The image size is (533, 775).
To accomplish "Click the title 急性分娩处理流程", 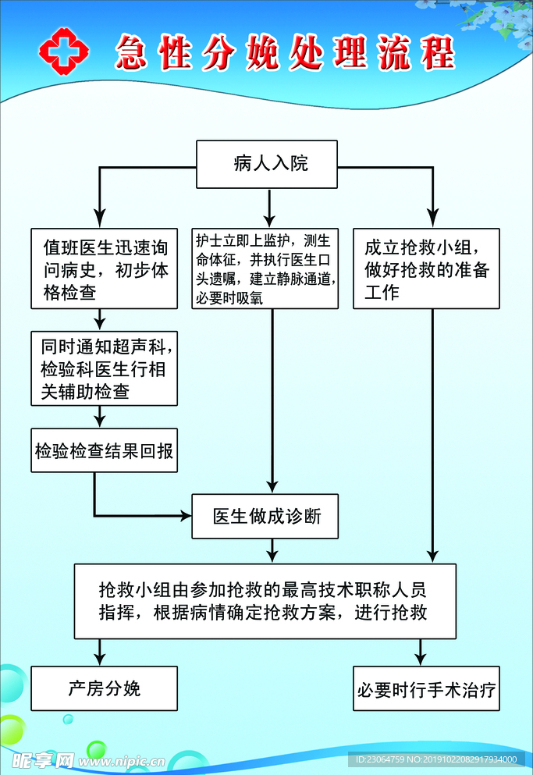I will (285, 52).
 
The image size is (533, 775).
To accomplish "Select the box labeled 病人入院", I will (266, 164).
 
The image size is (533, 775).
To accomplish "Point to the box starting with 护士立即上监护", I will (265, 268).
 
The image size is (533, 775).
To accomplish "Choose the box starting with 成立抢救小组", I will (426, 269).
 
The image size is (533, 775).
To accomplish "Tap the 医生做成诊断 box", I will (265, 516).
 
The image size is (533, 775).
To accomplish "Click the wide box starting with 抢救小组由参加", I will (265, 601).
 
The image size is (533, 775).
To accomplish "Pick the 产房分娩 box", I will (105, 688).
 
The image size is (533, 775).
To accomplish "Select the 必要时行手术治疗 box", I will (426, 689).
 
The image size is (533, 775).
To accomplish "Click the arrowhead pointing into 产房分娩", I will (100, 659).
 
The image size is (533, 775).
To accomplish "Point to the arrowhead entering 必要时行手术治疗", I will (420, 659).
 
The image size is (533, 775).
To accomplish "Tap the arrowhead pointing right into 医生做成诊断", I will (186, 515).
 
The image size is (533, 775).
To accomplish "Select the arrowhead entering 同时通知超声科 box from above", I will (100, 324).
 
